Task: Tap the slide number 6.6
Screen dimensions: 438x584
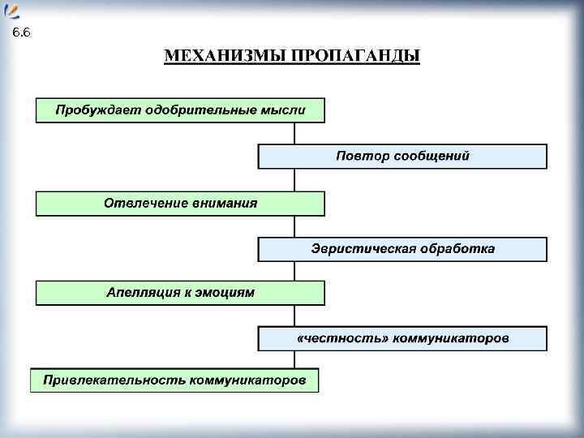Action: pos(21,33)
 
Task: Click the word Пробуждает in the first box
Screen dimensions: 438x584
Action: pos(97,109)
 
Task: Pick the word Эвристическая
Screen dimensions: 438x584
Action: pos(363,249)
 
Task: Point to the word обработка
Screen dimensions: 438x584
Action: pos(458,249)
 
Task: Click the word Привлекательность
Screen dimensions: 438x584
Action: pos(114,380)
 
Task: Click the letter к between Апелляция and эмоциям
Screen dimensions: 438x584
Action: pos(187,293)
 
